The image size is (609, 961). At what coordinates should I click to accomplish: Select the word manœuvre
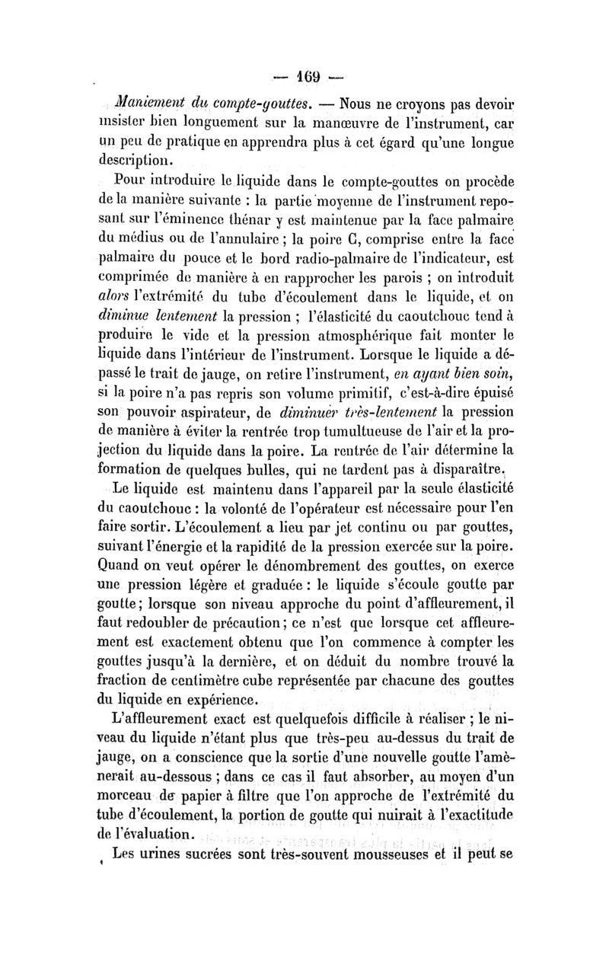point(373,124)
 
